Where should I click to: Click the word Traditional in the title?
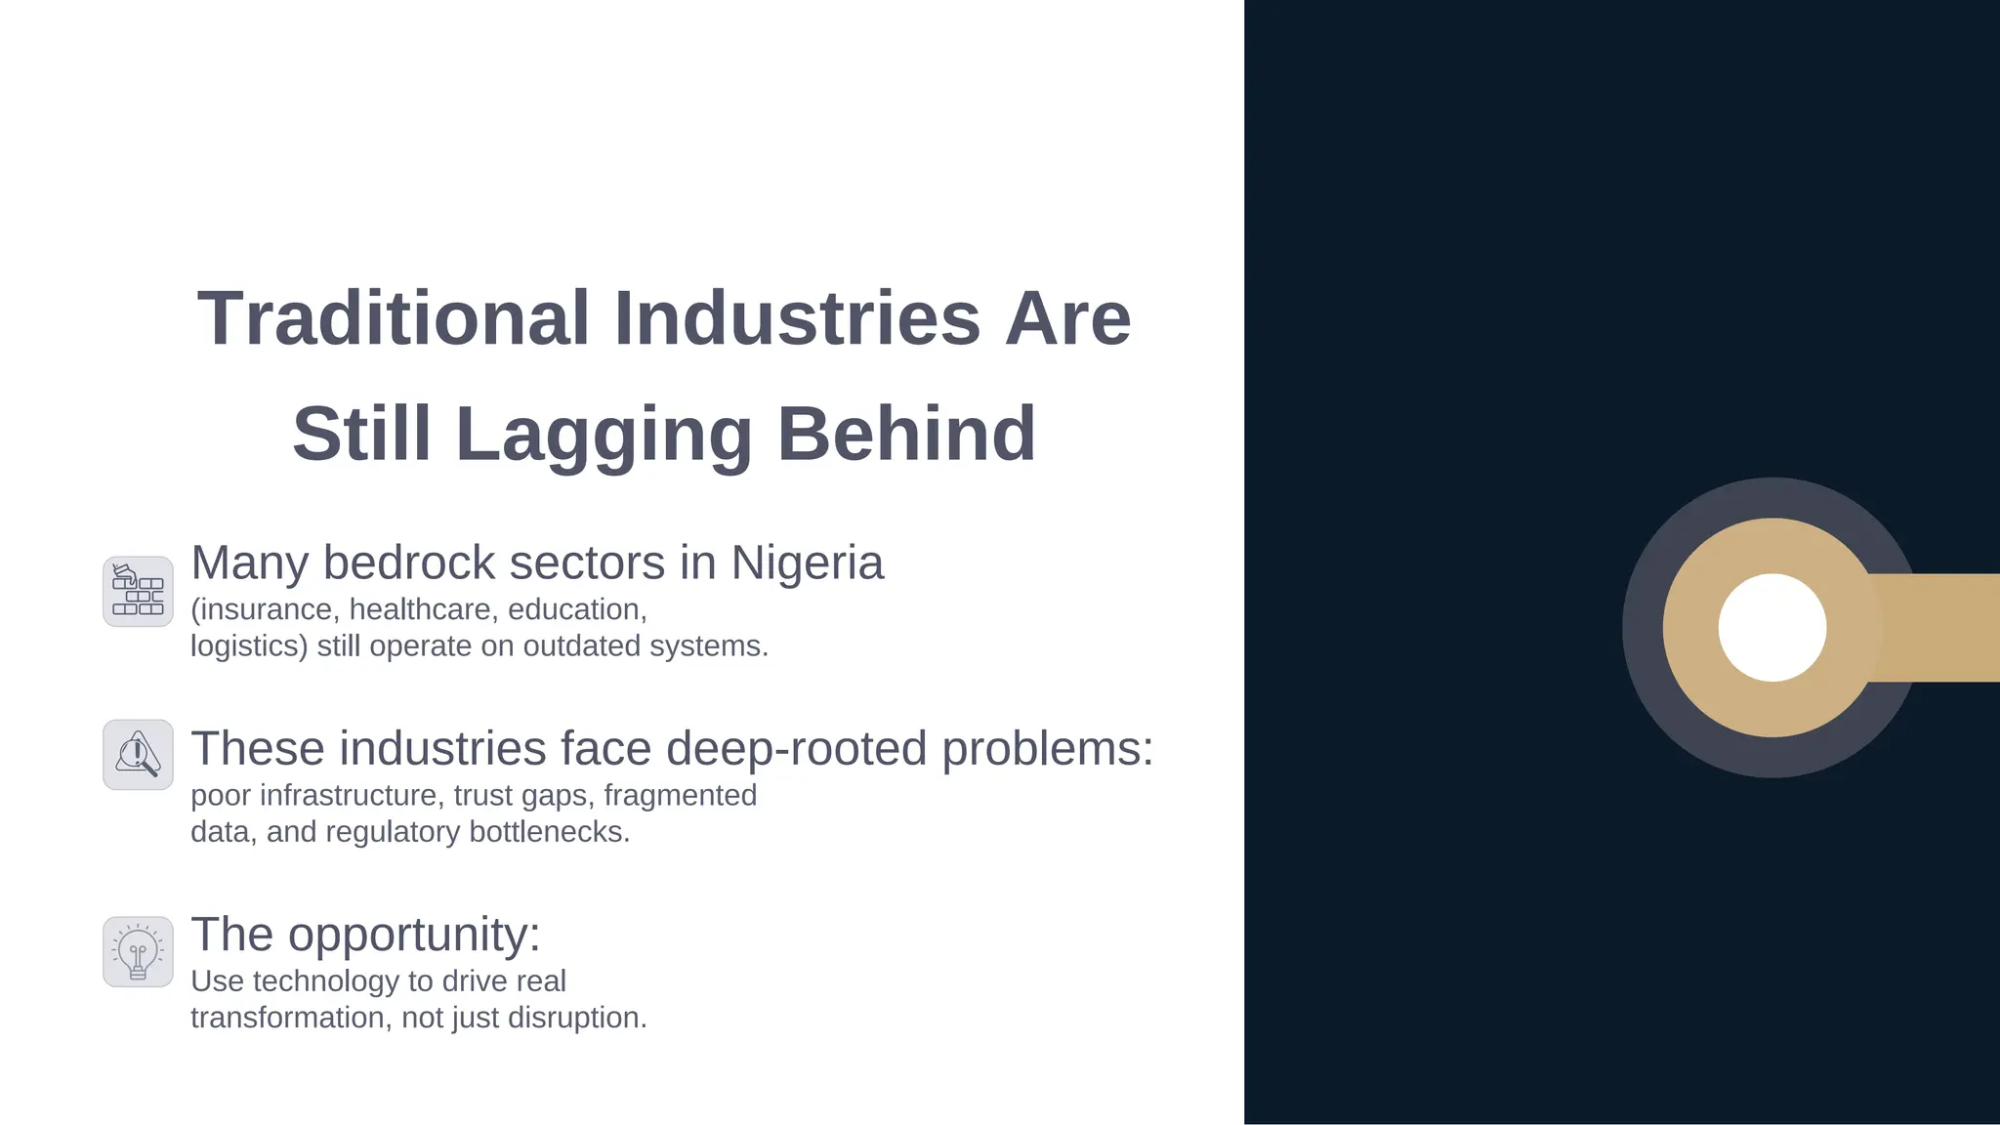click(x=393, y=318)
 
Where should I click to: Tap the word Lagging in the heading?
click(x=604, y=435)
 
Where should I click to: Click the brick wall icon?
click(x=138, y=592)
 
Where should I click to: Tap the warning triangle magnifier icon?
click(x=138, y=755)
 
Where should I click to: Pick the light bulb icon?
click(x=138, y=951)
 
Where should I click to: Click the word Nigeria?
click(x=807, y=562)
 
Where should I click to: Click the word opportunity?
click(x=413, y=935)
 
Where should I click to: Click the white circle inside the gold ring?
click(x=1771, y=628)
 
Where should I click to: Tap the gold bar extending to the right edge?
click(x=1938, y=628)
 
